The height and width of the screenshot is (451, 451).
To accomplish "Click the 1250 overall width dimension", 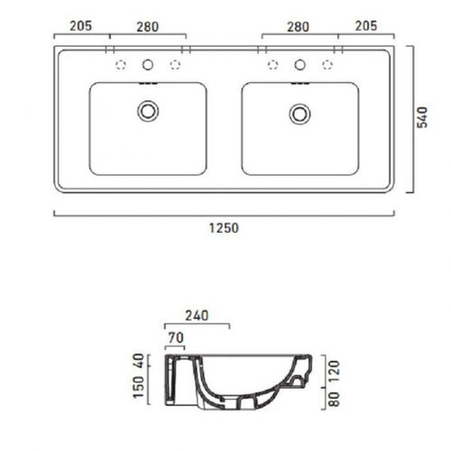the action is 224,228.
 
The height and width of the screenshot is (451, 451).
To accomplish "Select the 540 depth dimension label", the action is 422,117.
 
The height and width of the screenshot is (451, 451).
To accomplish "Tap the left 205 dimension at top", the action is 80,26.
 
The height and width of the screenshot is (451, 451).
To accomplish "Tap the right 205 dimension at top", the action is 366,26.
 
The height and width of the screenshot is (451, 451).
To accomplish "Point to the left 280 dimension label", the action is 148,27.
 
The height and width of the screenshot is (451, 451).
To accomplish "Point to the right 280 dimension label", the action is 298,27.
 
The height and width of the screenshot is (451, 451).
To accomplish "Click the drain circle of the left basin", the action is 148,111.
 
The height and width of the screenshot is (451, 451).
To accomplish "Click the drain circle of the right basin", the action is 299,114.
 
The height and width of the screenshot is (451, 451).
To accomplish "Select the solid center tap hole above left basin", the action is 148,65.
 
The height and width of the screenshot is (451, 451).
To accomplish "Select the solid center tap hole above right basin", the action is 299,65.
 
